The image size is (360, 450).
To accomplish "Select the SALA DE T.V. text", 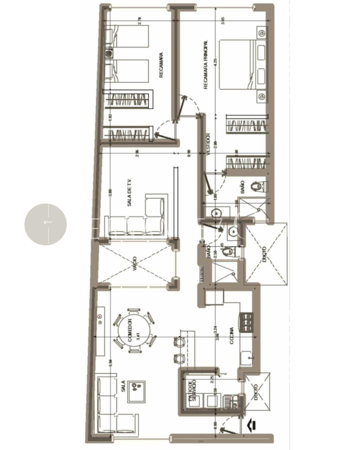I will (x=129, y=192).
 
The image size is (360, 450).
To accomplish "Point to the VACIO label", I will (x=135, y=264).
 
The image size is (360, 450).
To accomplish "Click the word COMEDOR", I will (x=130, y=332).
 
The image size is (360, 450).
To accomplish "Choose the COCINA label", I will (x=231, y=336).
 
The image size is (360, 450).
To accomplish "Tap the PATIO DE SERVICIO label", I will (x=192, y=391).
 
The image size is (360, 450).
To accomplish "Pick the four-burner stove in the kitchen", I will (x=246, y=322).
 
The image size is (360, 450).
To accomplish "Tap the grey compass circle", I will (x=45, y=224).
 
